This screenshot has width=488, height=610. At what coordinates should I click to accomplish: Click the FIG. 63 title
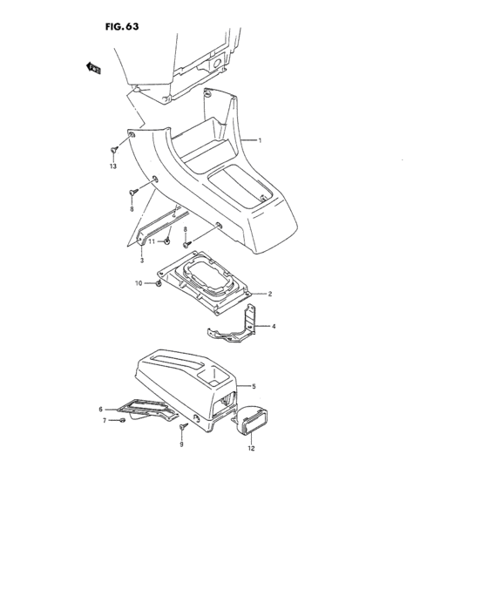[122, 26]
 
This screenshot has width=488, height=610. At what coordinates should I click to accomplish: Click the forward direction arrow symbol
[93, 68]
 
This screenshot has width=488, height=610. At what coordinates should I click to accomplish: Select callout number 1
[260, 140]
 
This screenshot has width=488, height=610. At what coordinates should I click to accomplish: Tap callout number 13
[113, 166]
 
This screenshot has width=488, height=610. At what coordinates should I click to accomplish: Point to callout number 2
[269, 294]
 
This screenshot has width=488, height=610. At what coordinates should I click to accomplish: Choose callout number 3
[142, 260]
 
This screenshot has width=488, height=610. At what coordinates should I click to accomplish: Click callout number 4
[274, 326]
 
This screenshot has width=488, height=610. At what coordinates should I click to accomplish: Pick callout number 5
[254, 386]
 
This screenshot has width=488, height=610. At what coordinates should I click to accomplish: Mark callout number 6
[100, 410]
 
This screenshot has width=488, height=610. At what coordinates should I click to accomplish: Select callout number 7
[105, 421]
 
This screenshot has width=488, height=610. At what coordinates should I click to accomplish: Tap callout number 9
[181, 444]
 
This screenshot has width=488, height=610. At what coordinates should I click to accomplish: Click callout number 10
[139, 283]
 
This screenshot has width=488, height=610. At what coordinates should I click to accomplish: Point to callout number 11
[152, 241]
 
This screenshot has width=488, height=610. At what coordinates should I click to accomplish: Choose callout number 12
[251, 448]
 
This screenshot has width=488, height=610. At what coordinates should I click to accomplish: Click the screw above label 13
[113, 149]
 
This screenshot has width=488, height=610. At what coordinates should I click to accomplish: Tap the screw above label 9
[183, 426]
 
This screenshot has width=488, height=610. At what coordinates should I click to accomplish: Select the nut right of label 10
[159, 283]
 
